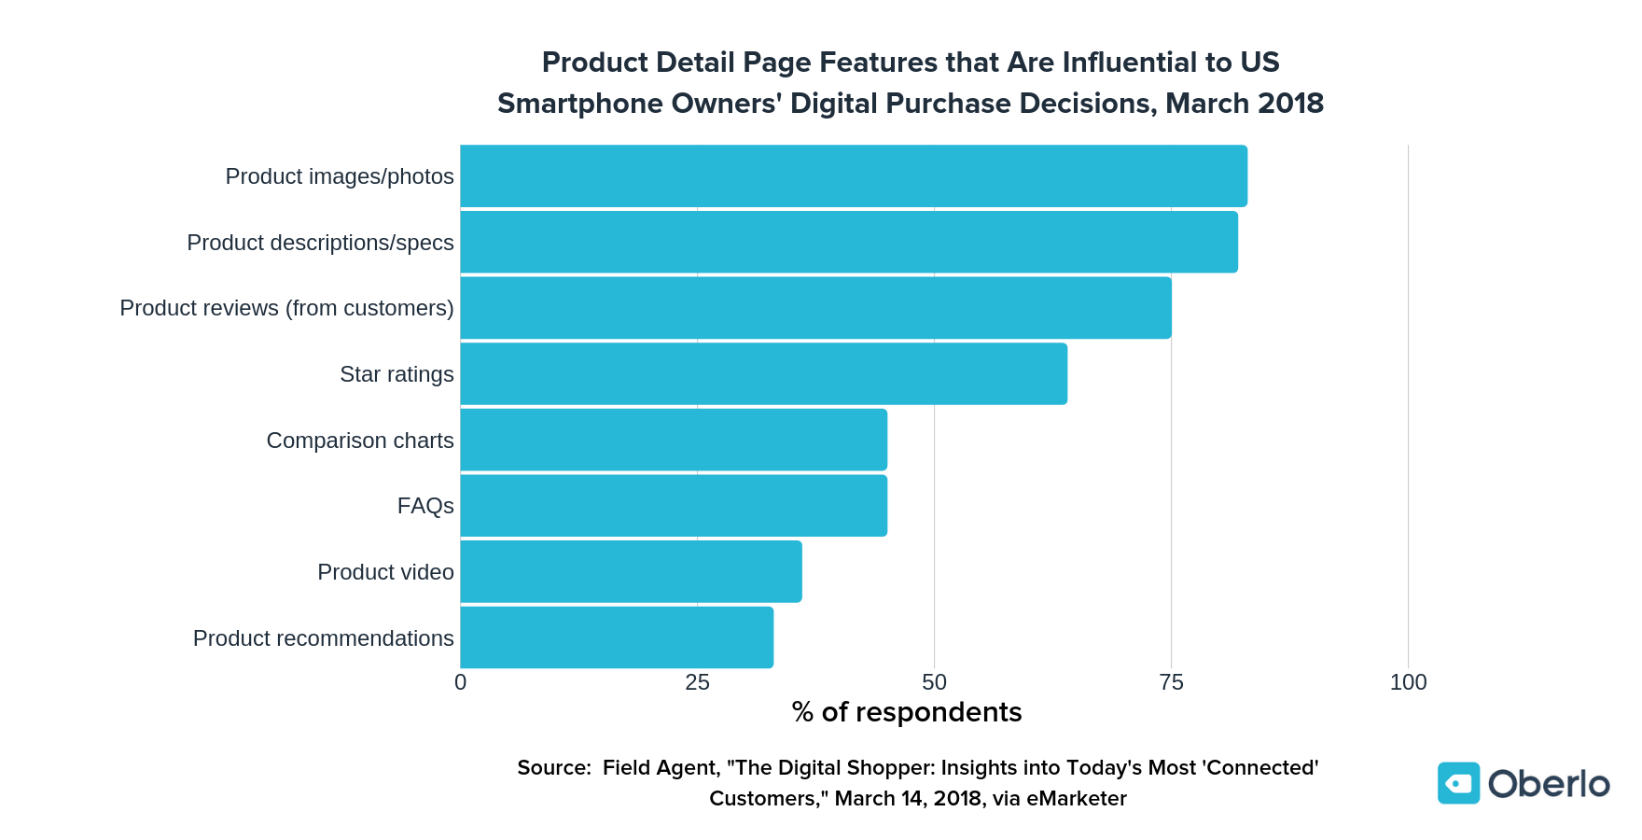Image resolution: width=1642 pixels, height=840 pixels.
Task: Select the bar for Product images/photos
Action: click(x=854, y=176)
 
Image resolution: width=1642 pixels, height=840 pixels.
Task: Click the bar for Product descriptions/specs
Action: click(x=849, y=243)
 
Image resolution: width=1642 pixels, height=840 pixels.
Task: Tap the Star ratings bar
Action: click(x=763, y=374)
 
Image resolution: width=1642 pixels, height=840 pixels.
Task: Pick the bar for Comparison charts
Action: click(x=674, y=440)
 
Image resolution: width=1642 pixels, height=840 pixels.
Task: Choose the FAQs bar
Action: click(x=674, y=506)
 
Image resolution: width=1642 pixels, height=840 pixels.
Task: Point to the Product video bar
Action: click(x=631, y=572)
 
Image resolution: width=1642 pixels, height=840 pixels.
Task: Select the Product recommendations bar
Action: click(x=617, y=637)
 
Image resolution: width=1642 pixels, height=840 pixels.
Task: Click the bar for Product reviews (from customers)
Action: click(x=815, y=308)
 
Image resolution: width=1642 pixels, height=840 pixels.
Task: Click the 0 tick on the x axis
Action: click(x=461, y=683)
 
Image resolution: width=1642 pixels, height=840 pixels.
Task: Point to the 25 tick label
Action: click(x=698, y=683)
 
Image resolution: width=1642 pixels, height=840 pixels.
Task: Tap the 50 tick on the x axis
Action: click(x=934, y=683)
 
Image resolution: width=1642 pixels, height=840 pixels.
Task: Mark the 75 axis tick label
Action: click(x=1171, y=683)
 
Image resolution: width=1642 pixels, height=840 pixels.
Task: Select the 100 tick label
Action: click(x=1408, y=683)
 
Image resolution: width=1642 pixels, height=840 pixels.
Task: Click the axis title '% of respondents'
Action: click(x=907, y=713)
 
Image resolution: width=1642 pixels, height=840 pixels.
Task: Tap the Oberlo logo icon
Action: click(x=1458, y=783)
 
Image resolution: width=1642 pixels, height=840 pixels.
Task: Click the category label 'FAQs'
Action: click(x=425, y=506)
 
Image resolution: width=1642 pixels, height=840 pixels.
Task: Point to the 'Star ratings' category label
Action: click(x=397, y=374)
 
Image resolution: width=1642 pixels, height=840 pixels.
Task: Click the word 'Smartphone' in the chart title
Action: click(x=566, y=104)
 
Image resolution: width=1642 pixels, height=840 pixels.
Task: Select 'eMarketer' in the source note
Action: click(x=1077, y=799)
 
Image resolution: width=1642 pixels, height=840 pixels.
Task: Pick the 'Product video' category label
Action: click(x=385, y=572)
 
